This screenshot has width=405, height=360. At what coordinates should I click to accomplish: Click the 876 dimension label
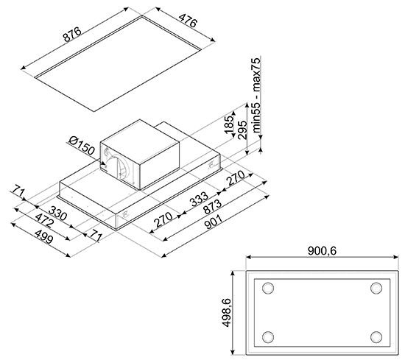pyautogui.click(x=72, y=35)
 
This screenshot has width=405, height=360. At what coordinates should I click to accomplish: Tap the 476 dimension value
pyautogui.click(x=188, y=19)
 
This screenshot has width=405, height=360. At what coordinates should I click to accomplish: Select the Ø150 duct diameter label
pyautogui.click(x=82, y=146)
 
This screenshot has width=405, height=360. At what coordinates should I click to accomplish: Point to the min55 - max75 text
pyautogui.click(x=257, y=96)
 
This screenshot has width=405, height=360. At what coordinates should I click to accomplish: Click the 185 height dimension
pyautogui.click(x=229, y=125)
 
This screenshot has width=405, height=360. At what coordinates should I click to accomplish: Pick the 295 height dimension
pyautogui.click(x=242, y=130)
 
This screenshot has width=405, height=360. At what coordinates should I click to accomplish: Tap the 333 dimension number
pyautogui.click(x=199, y=200)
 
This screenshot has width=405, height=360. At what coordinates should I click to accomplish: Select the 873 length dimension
pyautogui.click(x=212, y=207)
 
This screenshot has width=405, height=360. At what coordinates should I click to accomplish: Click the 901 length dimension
pyautogui.click(x=214, y=222)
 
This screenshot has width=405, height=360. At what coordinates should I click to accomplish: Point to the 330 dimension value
pyautogui.click(x=58, y=213)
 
